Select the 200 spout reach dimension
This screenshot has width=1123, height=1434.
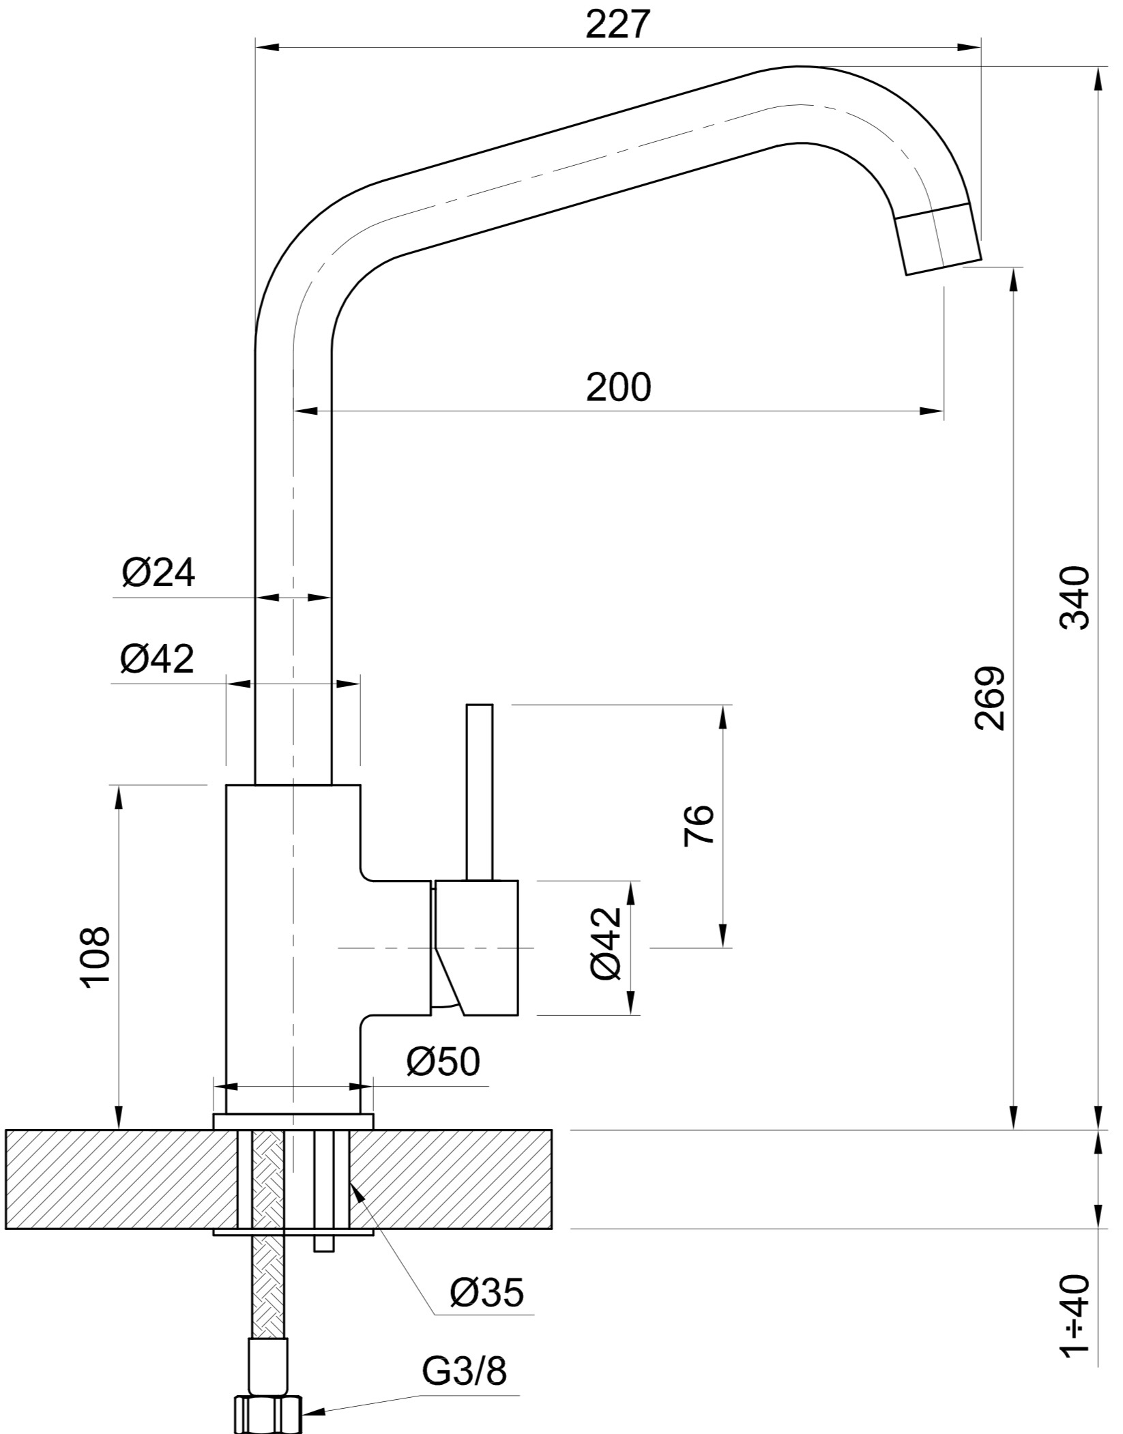click(619, 387)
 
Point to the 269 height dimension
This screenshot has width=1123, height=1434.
click(990, 698)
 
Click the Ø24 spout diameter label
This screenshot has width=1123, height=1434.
click(158, 573)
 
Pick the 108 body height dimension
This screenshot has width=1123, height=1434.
click(95, 956)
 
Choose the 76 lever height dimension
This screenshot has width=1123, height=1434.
click(698, 825)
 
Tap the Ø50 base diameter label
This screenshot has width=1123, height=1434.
click(443, 1061)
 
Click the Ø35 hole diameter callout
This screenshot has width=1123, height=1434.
click(487, 1291)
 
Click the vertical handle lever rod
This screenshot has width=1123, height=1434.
click(479, 792)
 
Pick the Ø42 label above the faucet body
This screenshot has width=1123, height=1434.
click(157, 658)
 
